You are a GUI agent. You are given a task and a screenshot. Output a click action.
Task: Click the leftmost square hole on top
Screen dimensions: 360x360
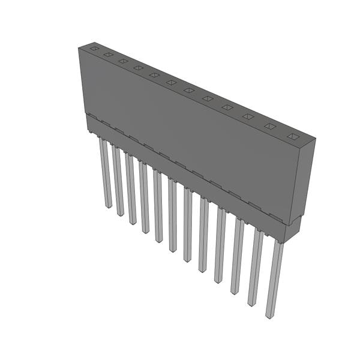click(x=94, y=48)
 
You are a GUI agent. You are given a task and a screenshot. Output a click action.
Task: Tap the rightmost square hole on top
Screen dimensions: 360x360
click(x=292, y=137)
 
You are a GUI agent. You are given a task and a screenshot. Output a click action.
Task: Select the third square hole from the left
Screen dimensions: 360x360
click(x=122, y=61)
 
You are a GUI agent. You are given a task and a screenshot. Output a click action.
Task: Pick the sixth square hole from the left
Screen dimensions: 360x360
click(x=171, y=82)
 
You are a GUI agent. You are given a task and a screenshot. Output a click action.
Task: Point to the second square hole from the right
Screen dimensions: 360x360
click(x=270, y=127)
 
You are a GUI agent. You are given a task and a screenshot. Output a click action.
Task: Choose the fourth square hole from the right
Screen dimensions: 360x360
click(x=227, y=107)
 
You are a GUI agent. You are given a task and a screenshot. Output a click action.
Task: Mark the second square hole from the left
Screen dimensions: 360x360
click(x=108, y=54)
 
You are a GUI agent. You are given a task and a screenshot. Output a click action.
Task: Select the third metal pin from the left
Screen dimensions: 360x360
click(x=131, y=188)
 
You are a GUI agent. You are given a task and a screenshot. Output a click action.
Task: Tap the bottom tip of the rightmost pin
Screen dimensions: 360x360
click(x=271, y=316)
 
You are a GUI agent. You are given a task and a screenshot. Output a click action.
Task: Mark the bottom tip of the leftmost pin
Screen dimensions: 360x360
click(x=108, y=206)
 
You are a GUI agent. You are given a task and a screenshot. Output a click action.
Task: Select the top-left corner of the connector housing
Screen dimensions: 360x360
click(x=79, y=48)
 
